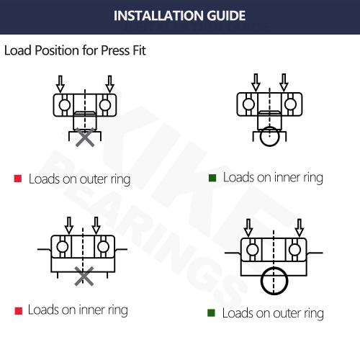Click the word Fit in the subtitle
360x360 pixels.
pos(140,52)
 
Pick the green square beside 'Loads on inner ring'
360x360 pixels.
pos(212,177)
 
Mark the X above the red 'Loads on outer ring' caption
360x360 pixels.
pos(85,139)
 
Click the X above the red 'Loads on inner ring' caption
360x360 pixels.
pos(84,275)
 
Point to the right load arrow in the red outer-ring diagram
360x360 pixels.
pos(109,81)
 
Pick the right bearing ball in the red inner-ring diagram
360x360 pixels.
pos(104,247)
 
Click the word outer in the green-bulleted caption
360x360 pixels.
pos(283,313)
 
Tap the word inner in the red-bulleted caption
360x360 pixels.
pos(89,310)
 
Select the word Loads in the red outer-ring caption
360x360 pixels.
pos(43,179)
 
